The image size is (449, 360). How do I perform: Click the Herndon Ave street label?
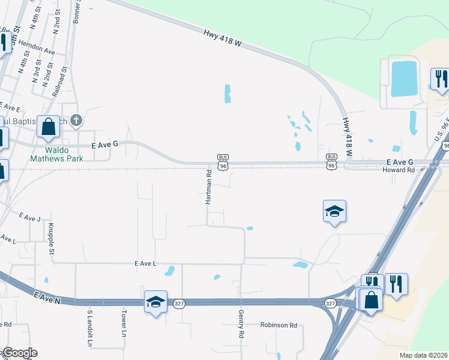pos(36,52)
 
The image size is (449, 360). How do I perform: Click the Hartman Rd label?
pos(209,187)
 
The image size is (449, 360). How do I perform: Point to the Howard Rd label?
pos(399,170)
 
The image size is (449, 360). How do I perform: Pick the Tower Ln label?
pos(124,324)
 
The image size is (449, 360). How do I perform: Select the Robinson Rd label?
pos(279,325)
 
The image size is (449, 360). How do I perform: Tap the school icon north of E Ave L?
pos(334,211)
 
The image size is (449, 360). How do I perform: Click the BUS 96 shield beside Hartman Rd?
pos(223,162)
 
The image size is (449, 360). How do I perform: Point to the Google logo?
pos(19,353)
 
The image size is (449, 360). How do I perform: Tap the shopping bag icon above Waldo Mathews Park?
pos(49,127)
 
